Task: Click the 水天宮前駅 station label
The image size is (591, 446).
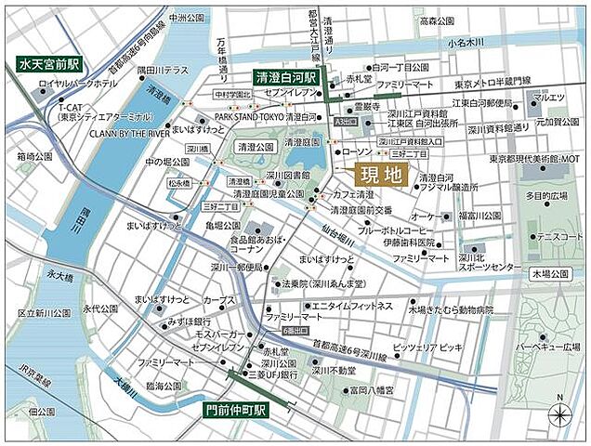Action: pyautogui.click(x=48, y=65)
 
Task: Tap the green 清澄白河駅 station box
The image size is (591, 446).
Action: pyautogui.click(x=288, y=79)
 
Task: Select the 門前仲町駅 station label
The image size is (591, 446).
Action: pyautogui.click(x=236, y=408)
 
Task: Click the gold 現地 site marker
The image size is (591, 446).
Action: pyautogui.click(x=381, y=173)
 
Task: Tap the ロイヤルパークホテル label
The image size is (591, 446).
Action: pyautogui.click(x=77, y=85)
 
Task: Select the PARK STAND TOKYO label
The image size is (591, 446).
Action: pyautogui.click(x=248, y=118)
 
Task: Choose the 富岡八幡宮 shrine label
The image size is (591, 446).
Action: pyautogui.click(x=369, y=390)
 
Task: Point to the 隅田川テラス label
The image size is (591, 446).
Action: pyautogui.click(x=162, y=70)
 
